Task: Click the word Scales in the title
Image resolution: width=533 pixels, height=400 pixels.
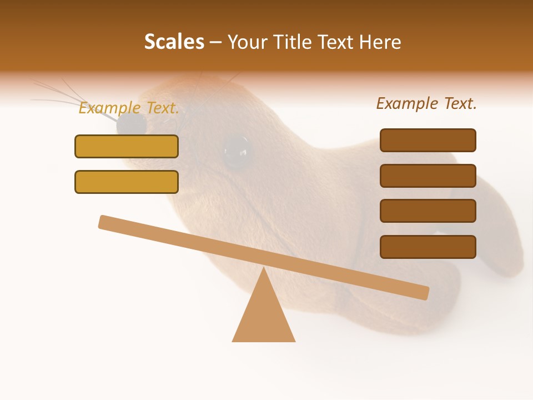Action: tap(174, 42)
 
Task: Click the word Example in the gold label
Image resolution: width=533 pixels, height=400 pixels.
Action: tap(110, 108)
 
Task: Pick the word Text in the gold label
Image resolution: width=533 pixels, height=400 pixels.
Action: tap(162, 108)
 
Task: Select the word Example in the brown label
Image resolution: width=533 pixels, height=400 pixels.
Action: tap(408, 103)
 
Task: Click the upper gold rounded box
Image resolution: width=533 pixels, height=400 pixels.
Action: tap(127, 146)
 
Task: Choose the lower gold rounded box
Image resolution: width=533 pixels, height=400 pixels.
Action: tap(127, 182)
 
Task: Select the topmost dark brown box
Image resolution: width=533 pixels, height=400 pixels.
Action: tap(428, 140)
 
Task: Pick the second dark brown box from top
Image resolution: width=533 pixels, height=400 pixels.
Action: tap(428, 176)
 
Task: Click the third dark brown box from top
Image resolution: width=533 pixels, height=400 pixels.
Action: tap(428, 211)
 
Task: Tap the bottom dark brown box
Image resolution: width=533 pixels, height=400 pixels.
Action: tap(428, 247)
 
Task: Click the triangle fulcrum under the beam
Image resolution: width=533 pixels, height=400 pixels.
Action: tap(264, 317)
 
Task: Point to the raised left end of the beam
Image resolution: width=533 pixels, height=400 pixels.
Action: tap(105, 222)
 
